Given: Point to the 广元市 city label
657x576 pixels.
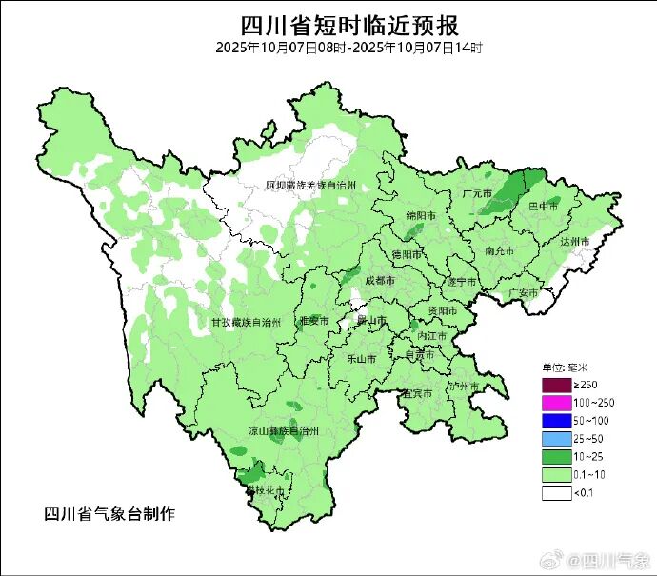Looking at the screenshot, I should pos(475,194).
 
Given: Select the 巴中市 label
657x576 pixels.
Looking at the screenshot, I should pos(540,205).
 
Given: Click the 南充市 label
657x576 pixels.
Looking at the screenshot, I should pos(499,251).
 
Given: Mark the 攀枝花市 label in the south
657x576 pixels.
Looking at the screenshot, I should pos(266,490).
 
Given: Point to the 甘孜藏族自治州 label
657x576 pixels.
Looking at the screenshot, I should pos(245,323).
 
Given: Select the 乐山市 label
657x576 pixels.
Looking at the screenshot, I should pos(361,359).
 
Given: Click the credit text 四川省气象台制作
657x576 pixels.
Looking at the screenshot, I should pos(109,514).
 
